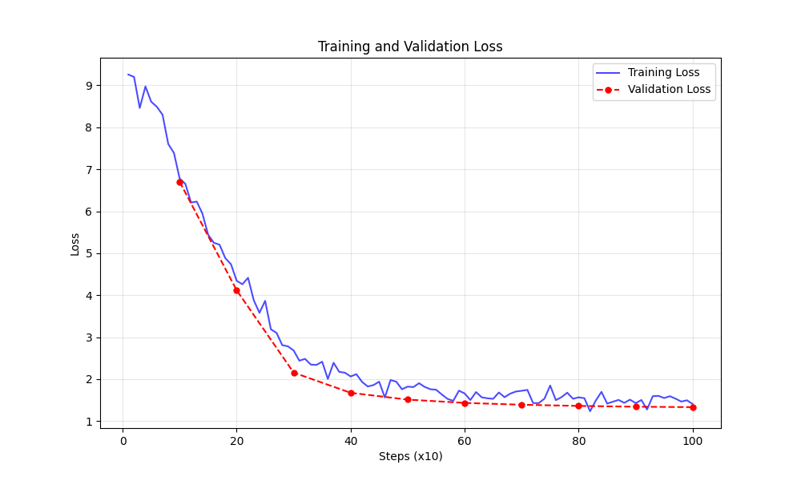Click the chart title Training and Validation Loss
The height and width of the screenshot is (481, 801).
click(x=410, y=46)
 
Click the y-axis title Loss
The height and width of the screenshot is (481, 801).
click(x=75, y=244)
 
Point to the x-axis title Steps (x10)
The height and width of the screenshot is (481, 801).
click(x=410, y=457)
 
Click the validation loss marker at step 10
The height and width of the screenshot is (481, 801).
click(x=179, y=182)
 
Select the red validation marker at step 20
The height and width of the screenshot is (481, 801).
click(x=236, y=290)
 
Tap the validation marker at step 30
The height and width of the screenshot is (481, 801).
click(x=294, y=373)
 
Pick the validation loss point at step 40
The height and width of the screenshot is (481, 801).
click(x=351, y=393)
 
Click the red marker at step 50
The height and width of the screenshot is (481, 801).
click(x=408, y=399)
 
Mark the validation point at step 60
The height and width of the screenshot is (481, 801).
click(x=465, y=403)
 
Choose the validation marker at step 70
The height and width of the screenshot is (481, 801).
click(x=521, y=405)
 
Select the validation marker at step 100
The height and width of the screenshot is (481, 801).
click(x=693, y=407)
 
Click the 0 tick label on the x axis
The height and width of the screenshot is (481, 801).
click(x=123, y=441)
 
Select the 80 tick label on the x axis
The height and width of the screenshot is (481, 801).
click(x=578, y=441)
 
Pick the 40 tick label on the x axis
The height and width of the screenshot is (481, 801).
click(x=351, y=441)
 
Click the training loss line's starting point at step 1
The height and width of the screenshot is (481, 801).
click(x=128, y=75)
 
